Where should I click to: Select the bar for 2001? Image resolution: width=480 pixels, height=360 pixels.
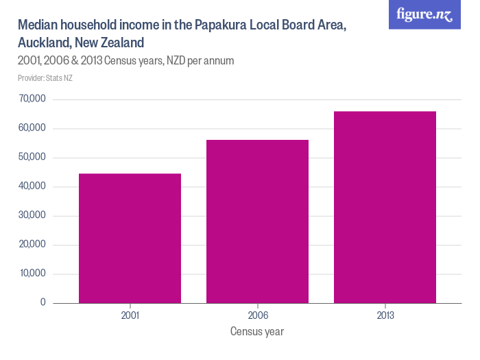click(130, 238)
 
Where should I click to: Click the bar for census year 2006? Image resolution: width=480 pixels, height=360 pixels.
click(257, 221)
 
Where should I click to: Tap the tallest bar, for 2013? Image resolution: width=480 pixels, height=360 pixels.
click(385, 206)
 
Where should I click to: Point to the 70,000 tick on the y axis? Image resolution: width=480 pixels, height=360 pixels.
click(32, 99)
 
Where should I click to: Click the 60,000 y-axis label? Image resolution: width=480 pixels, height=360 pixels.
click(32, 128)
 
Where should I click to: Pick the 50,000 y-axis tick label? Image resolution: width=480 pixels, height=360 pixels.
click(32, 158)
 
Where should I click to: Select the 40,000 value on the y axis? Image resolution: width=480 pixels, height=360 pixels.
click(32, 187)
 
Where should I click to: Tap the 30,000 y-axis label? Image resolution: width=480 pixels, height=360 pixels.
click(32, 216)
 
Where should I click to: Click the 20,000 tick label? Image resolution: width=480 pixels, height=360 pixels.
click(32, 245)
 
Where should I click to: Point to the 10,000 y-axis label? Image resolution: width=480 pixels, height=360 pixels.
click(33, 274)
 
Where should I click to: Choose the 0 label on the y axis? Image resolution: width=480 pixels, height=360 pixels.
click(43, 302)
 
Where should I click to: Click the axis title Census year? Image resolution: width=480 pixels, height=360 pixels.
click(257, 332)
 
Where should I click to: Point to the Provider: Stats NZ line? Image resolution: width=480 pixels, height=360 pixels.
click(45, 78)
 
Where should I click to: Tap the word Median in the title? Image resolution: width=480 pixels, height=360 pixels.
click(38, 25)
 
